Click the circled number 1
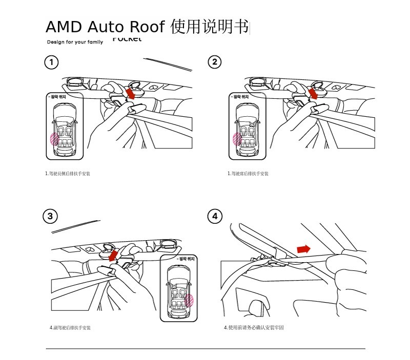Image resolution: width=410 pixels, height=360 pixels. click(51, 62)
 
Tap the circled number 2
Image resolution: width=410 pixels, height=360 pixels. click(215, 62)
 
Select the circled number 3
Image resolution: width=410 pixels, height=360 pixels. click(50, 216)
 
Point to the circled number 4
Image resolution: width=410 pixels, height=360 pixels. click(215, 217)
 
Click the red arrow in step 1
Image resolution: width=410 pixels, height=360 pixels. click(131, 94)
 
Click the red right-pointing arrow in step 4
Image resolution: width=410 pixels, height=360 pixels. click(303, 249)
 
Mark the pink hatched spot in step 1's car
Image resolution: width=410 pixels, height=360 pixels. click(54, 139)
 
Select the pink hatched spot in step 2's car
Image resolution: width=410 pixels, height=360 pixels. click(237, 139)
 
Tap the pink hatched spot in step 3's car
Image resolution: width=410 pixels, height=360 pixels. click(189, 300)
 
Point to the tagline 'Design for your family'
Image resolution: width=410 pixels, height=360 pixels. click(75, 42)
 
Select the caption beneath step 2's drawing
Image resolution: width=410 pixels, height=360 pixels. click(248, 174)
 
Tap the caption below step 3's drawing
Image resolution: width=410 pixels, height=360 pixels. click(70, 327)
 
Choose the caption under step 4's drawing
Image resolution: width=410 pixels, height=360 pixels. click(254, 327)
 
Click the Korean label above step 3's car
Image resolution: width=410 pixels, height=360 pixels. click(186, 260)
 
